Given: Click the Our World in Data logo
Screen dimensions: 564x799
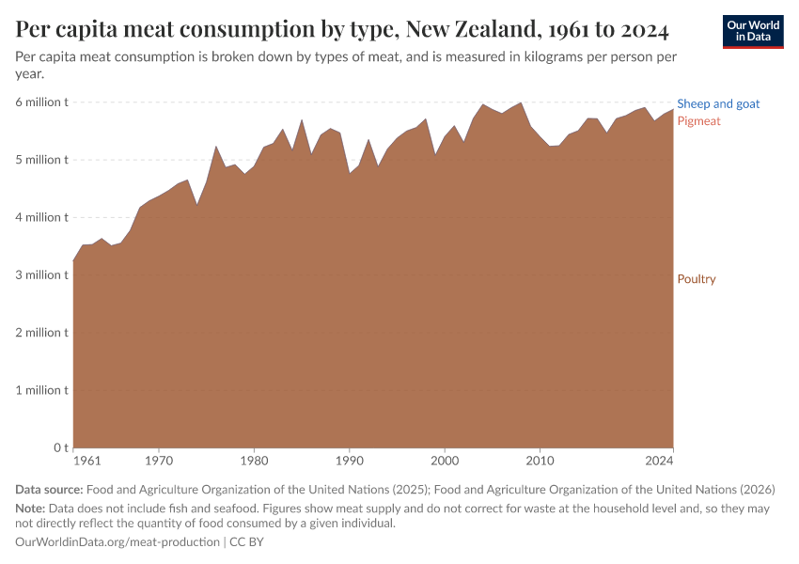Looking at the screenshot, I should (752, 32).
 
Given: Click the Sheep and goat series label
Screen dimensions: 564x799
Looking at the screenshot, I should (718, 104).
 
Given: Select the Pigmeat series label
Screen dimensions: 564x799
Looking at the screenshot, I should (698, 121).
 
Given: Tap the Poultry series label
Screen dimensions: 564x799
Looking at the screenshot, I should (697, 279).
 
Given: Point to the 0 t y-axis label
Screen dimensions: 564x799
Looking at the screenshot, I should (57, 448).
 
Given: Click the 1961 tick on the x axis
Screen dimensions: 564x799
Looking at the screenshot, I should (86, 462).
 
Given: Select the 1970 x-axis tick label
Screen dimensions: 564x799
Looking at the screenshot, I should (159, 462).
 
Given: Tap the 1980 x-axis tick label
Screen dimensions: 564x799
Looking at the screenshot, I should (254, 462).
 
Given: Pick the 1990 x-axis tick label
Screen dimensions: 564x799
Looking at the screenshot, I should (349, 462).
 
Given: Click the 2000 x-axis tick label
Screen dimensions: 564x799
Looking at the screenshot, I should (445, 462).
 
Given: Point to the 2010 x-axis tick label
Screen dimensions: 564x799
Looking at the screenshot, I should (540, 462).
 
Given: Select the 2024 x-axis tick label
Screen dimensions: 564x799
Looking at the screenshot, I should (660, 462).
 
